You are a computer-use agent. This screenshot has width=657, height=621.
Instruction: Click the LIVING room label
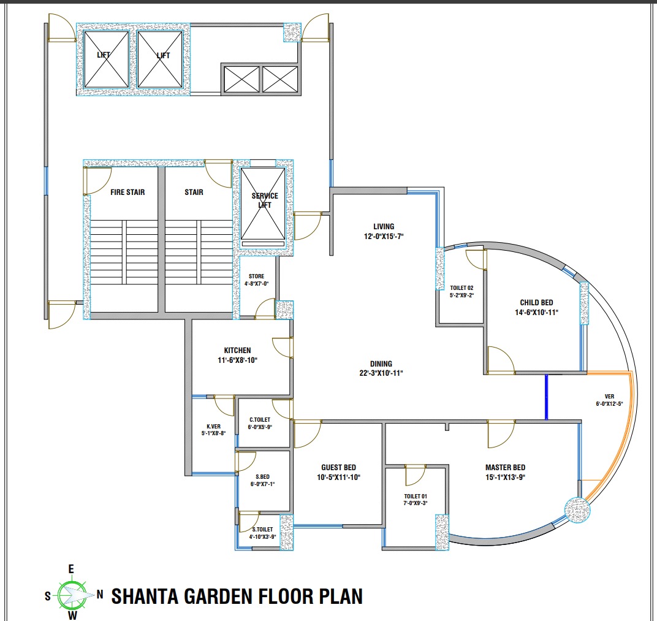coord(384,227)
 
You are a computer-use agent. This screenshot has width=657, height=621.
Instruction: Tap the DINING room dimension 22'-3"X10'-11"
coord(381,373)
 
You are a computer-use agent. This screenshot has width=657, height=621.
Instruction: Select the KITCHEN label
coord(238,350)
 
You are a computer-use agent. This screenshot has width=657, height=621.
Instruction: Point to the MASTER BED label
coord(505,467)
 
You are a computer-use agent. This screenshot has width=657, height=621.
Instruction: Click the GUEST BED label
coord(338,467)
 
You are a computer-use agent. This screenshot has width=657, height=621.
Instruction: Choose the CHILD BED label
coord(536,303)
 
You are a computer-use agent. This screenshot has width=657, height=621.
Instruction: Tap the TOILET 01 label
coord(416,496)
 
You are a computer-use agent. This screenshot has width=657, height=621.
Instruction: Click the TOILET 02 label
coord(461,288)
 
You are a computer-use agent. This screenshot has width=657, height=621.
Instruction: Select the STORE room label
coord(256,276)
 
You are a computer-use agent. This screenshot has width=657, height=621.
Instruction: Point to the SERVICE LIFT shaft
coord(263,204)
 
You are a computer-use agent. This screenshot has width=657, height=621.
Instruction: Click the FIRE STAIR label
coord(127,192)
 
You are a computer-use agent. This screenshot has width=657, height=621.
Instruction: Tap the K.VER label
coord(213,427)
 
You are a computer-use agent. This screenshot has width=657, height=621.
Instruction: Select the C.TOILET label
coord(260,419)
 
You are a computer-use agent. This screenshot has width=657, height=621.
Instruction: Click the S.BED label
coord(262,477)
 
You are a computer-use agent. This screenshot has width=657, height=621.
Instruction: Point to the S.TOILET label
coord(262,530)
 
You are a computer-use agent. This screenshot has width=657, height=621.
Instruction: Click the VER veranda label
coord(610,397)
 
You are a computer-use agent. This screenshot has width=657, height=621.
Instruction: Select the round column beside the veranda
coord(577,510)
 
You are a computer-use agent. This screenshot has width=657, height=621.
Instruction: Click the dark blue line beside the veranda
coord(546,397)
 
